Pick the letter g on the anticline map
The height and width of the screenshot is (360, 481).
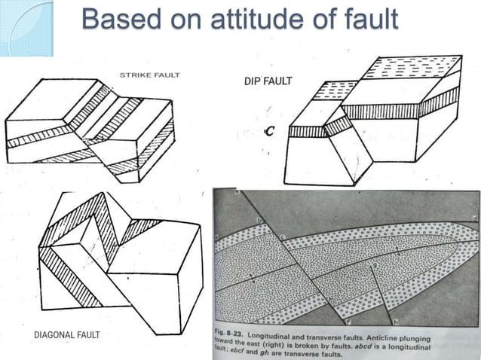[x=374, y=265]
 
